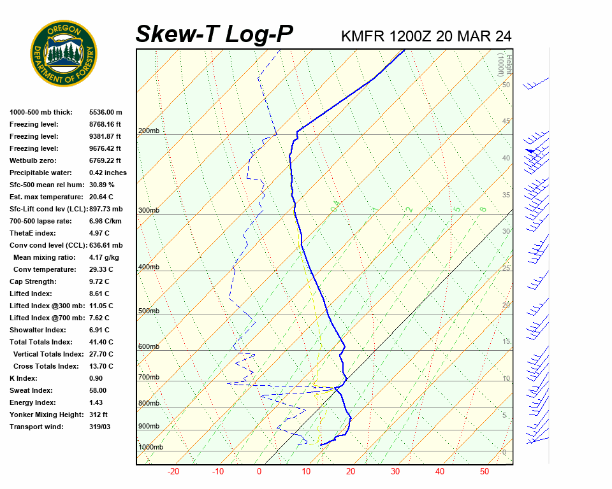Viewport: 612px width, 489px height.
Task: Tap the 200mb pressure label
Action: (149, 131)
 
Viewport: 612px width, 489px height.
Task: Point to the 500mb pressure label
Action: (149, 311)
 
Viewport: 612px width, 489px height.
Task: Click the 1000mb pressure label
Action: (150, 447)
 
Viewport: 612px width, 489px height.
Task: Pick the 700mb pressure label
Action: (149, 378)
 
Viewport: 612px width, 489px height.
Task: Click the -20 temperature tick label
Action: (173, 472)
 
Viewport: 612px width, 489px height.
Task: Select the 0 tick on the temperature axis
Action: (259, 472)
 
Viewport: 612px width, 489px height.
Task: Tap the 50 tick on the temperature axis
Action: (484, 472)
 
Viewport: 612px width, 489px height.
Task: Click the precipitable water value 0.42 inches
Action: (108, 173)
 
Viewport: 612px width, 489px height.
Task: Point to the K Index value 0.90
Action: (97, 378)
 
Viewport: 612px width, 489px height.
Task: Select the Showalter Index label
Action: (38, 330)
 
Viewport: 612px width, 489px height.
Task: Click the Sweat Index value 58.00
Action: (98, 390)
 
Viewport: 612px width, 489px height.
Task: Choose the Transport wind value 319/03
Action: (99, 427)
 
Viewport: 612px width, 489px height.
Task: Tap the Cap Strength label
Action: (33, 281)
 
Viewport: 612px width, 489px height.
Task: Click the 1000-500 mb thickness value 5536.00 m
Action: (105, 112)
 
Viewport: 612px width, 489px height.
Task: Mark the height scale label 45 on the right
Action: (506, 122)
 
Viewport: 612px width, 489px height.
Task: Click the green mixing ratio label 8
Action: (483, 209)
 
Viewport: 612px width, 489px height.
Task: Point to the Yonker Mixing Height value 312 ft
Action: (99, 415)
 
